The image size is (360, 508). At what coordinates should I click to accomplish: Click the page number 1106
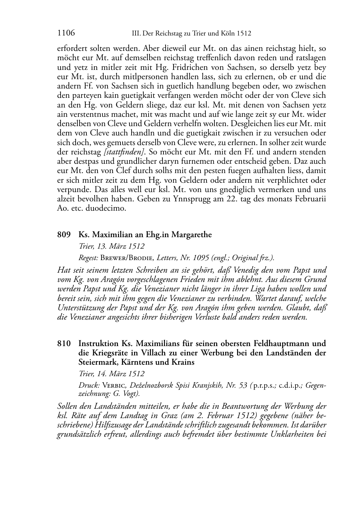[66, 33]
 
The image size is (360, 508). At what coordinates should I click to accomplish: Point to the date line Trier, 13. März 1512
[112, 246]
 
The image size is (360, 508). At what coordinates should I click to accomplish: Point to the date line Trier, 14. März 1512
[112, 373]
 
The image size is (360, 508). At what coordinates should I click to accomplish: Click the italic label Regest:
[89, 258]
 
